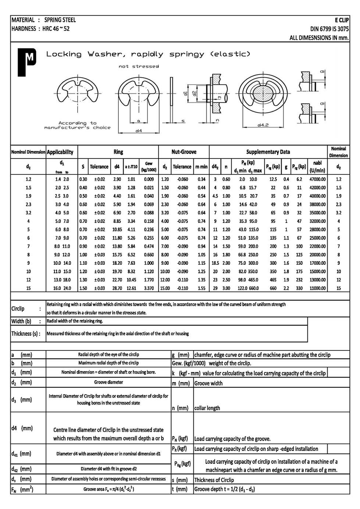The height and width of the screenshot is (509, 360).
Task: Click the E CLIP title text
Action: tap(341, 20)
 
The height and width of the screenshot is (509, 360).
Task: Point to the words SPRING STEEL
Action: tap(60, 20)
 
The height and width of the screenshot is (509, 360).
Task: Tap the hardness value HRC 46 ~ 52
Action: tap(56, 29)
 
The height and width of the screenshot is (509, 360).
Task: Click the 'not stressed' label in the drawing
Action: tap(139, 67)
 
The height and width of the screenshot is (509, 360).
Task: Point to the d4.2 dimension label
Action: tap(263, 125)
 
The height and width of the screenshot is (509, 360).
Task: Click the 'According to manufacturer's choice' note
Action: tap(77, 125)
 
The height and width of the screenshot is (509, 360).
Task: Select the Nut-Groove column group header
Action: tap(184, 152)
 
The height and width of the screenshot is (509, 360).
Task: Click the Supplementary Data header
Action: tap(268, 152)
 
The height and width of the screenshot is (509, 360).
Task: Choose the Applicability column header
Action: tap(60, 152)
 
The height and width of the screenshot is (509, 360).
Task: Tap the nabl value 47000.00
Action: tap(317, 179)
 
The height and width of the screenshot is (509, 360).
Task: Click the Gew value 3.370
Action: tap(149, 288)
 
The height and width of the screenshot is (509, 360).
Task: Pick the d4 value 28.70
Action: tap(117, 288)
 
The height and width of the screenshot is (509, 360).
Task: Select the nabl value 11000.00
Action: tap(317, 288)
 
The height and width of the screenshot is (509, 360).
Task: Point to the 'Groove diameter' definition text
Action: tap(108, 382)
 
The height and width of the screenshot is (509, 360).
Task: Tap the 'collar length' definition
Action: tap(207, 408)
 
